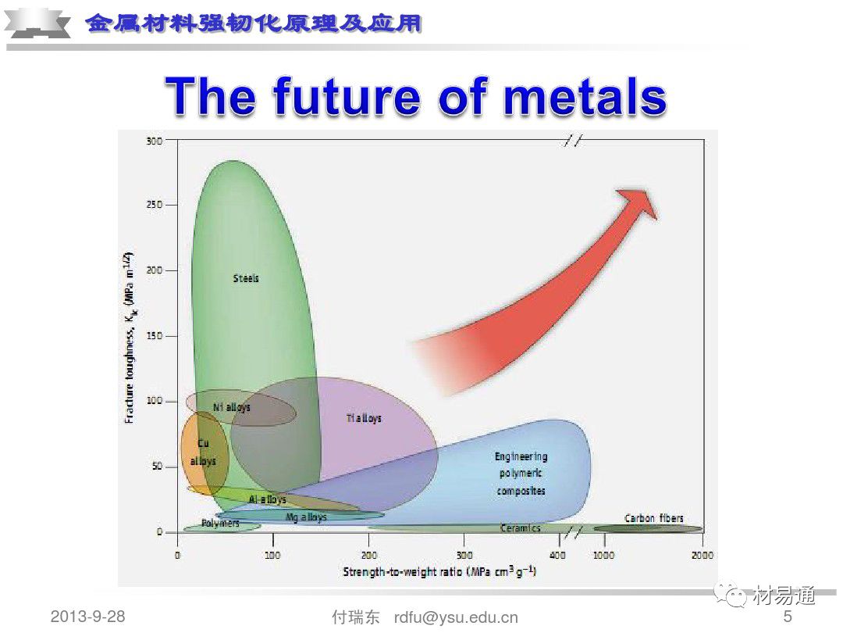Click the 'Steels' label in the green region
[x=246, y=278]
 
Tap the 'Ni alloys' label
[x=232, y=407]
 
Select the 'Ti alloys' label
[x=364, y=418]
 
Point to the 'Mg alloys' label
[x=306, y=517]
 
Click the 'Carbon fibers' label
[x=653, y=518]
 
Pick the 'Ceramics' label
[x=520, y=528]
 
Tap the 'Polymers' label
[x=220, y=523]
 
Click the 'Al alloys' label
[x=267, y=499]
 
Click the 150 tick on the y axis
[x=153, y=336]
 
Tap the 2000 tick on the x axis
[x=702, y=554]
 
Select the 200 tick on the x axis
[x=368, y=554]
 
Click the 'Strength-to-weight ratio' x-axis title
[x=439, y=572]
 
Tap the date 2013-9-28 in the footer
[x=87, y=617]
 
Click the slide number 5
[x=788, y=617]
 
